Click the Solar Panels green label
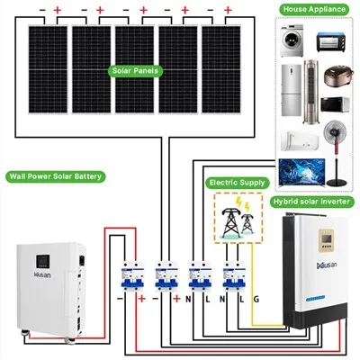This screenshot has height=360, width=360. [135, 71]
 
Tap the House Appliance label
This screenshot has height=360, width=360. [314, 9]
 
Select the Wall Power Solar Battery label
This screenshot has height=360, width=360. [56, 176]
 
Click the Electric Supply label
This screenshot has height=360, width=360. [238, 183]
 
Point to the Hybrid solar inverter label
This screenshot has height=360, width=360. [311, 202]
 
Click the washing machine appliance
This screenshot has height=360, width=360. [292, 40]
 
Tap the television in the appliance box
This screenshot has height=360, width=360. [301, 173]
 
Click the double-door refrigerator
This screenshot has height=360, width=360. [291, 90]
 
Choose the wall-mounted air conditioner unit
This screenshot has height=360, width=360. [300, 140]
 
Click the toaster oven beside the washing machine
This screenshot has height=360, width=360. [331, 42]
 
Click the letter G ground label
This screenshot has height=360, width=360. [256, 299]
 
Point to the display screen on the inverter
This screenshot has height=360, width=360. [326, 238]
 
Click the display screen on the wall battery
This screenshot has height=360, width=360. [43, 261]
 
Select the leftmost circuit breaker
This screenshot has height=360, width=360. [132, 275]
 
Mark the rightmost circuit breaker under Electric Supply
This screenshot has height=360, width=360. [234, 275]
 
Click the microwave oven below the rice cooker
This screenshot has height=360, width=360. [335, 104]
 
